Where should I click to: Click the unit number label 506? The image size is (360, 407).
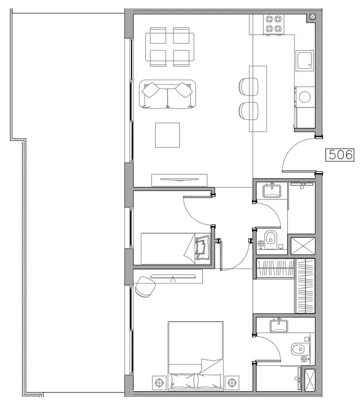[340, 155]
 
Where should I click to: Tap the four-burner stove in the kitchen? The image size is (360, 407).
[273, 23]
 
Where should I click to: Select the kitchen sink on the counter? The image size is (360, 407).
[304, 61]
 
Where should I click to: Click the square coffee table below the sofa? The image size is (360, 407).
[167, 135]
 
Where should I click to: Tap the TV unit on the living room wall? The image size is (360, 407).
[176, 180]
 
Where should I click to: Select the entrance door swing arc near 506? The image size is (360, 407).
[296, 155]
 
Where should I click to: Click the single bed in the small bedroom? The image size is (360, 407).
[176, 248]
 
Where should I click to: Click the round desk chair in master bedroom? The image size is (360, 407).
[145, 287]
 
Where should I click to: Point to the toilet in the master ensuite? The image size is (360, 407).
[298, 347]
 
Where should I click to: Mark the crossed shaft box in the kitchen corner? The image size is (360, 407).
[313, 16]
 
